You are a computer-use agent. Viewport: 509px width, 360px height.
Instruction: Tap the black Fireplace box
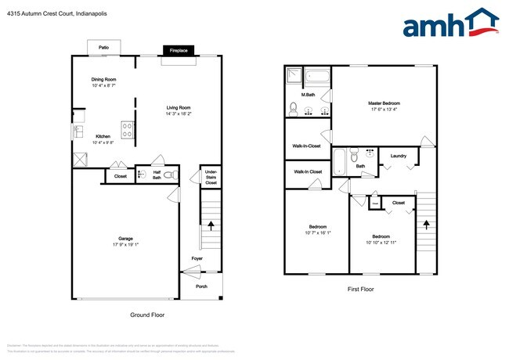coord(179,51)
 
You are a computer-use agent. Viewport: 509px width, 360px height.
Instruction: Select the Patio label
coord(103,48)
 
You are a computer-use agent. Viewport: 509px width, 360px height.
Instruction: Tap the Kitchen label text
coord(103,136)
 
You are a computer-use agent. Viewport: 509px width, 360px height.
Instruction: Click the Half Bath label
coord(157,175)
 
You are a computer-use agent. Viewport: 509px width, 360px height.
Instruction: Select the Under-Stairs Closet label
coord(210,177)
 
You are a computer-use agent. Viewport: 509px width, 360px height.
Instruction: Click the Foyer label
coord(197,258)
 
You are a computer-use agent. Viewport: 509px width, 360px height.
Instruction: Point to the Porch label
coord(202,286)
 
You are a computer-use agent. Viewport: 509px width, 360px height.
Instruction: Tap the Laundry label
coord(398,156)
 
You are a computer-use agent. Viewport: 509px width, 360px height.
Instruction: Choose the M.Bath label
coord(297,95)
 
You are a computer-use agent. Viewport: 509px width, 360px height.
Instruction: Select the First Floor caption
coord(360,290)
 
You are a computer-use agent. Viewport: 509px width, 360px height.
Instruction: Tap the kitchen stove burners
coord(127,128)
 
